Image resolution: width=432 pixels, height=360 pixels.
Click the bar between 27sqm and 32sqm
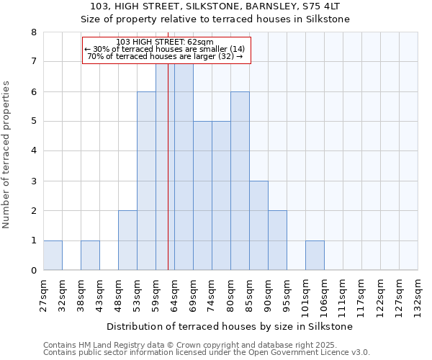pyautogui.click(x=53, y=256)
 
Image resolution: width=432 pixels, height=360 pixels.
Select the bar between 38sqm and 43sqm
pyautogui.click(x=90, y=256)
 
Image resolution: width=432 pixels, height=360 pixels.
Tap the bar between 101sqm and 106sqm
pyautogui.click(x=315, y=256)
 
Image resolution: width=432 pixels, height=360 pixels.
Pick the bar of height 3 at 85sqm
pyautogui.click(x=258, y=225)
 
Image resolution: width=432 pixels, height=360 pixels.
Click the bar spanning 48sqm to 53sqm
pyautogui.click(x=127, y=240)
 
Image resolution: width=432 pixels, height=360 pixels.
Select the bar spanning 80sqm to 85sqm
pyautogui.click(x=240, y=181)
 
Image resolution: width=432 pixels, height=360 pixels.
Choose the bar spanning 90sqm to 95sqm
pyautogui.click(x=277, y=240)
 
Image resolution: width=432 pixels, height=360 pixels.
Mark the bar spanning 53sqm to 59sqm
pyautogui.click(x=146, y=181)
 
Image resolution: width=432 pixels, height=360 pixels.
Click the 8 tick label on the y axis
pyautogui.click(x=33, y=32)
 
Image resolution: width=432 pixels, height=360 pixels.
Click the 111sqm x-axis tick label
pyautogui.click(x=343, y=294)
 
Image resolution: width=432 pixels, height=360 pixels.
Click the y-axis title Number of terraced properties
pyautogui.click(x=6, y=155)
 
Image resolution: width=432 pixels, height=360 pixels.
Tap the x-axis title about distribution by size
pyautogui.click(x=230, y=326)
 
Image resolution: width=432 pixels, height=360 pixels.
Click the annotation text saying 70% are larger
pyautogui.click(x=165, y=56)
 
